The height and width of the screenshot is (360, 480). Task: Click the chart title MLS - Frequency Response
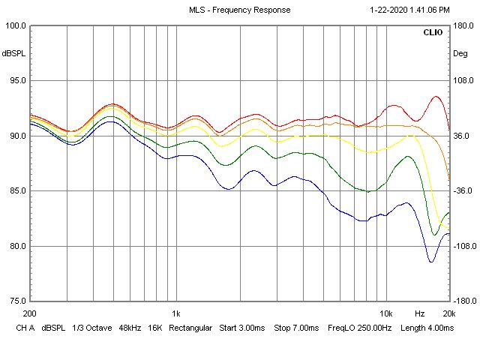(x=239, y=10)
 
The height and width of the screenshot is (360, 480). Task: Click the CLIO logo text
(x=433, y=33)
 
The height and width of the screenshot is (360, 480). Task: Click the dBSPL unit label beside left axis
(x=13, y=54)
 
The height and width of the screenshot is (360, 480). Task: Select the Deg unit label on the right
(x=460, y=54)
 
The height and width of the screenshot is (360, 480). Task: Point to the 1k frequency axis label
(x=175, y=313)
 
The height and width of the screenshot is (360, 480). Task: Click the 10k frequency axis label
(x=385, y=313)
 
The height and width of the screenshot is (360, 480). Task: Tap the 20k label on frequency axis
(x=448, y=313)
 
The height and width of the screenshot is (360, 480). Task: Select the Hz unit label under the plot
(x=420, y=313)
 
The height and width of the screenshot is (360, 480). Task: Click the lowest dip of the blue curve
(x=431, y=262)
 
